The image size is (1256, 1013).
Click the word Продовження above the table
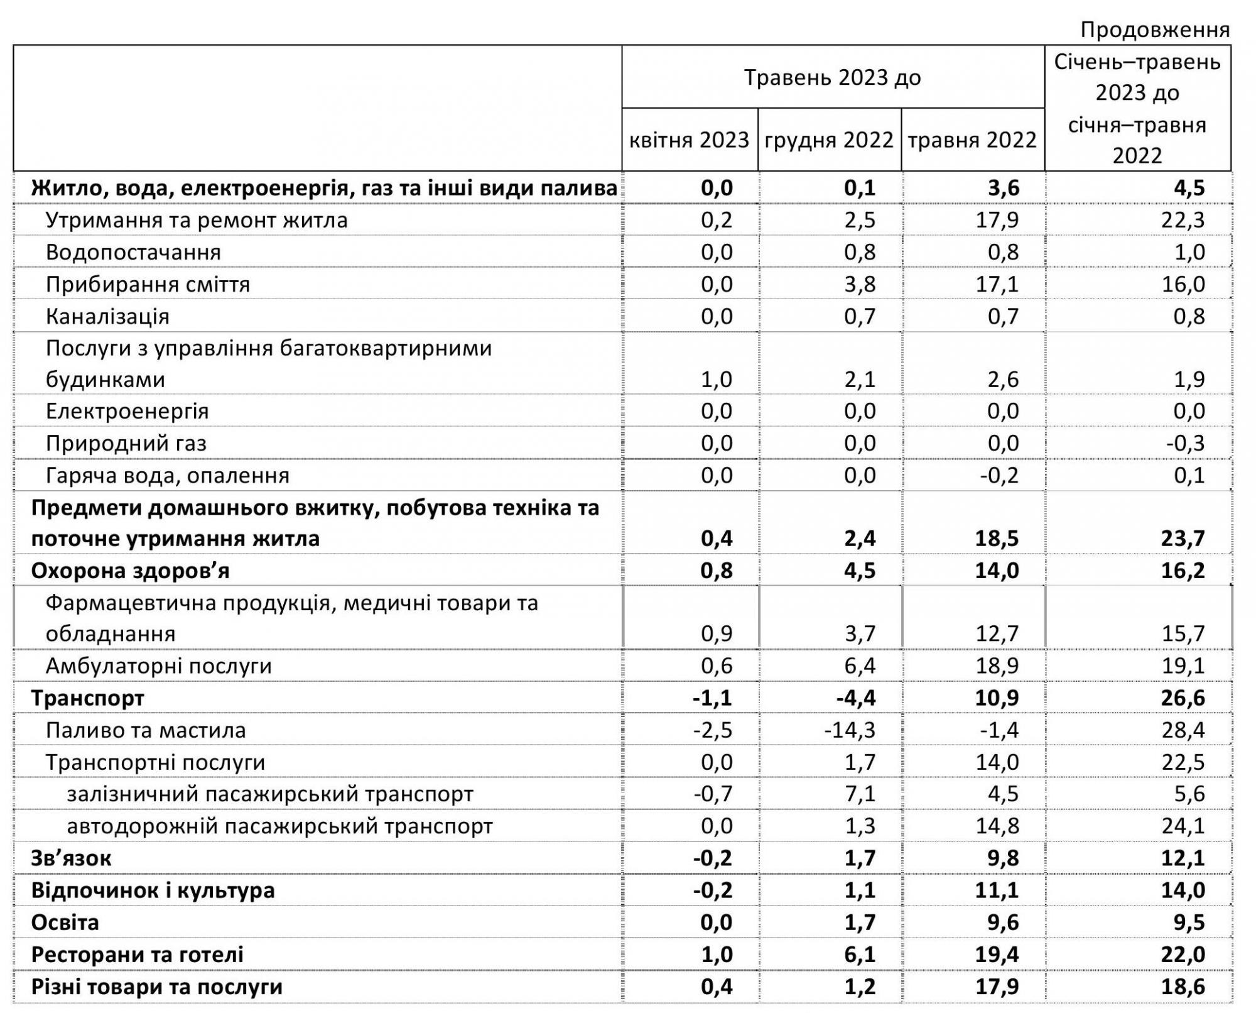click(1155, 30)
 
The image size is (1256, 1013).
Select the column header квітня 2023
click(689, 140)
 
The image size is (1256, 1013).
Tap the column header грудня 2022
click(829, 140)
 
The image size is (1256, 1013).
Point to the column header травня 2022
click(972, 140)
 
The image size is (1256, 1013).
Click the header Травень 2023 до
click(832, 77)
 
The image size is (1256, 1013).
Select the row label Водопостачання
click(133, 252)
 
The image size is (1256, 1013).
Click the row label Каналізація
click(107, 316)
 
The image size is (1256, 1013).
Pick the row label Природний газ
click(126, 443)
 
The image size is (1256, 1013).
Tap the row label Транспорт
click(87, 698)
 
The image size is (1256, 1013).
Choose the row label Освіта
click(65, 922)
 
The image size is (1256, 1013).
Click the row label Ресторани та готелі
click(137, 954)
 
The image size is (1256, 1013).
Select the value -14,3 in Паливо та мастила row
click(850, 730)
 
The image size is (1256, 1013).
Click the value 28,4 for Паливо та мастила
click(1183, 730)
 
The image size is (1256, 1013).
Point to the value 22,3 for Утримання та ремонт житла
click(1183, 220)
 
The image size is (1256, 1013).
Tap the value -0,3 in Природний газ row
click(1186, 443)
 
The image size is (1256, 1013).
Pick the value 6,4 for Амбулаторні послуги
click(860, 665)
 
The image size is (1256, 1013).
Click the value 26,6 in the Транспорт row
click(1183, 698)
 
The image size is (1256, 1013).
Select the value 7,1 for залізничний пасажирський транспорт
click(860, 794)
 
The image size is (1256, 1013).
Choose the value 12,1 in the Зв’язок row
click(1183, 858)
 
